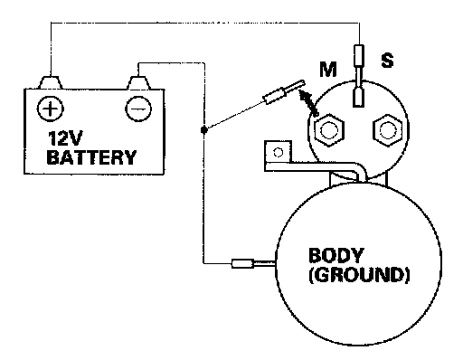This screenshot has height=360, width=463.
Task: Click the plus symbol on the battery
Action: click(51, 109)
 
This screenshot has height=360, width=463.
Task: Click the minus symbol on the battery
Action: click(138, 109)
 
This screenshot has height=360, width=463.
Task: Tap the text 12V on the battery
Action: click(64, 138)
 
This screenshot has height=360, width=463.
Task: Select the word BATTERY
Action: click(91, 157)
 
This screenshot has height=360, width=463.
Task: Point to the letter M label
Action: click(328, 70)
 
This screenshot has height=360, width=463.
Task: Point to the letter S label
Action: click(387, 60)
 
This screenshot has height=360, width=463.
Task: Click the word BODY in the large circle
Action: click(336, 255)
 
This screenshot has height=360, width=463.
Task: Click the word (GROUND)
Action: click(359, 275)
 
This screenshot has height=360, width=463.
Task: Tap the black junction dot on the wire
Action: click(204, 130)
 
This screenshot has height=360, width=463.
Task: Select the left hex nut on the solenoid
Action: click(328, 130)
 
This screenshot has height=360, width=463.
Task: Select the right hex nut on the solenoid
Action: click(388, 130)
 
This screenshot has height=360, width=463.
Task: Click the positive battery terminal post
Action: click(51, 82)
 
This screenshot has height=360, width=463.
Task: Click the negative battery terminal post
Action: click(138, 82)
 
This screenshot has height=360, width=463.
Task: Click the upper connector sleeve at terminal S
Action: click(359, 55)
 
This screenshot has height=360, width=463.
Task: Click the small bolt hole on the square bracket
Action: click(278, 152)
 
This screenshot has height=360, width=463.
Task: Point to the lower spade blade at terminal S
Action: click(358, 97)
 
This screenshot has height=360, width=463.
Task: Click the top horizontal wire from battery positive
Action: click(205, 23)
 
